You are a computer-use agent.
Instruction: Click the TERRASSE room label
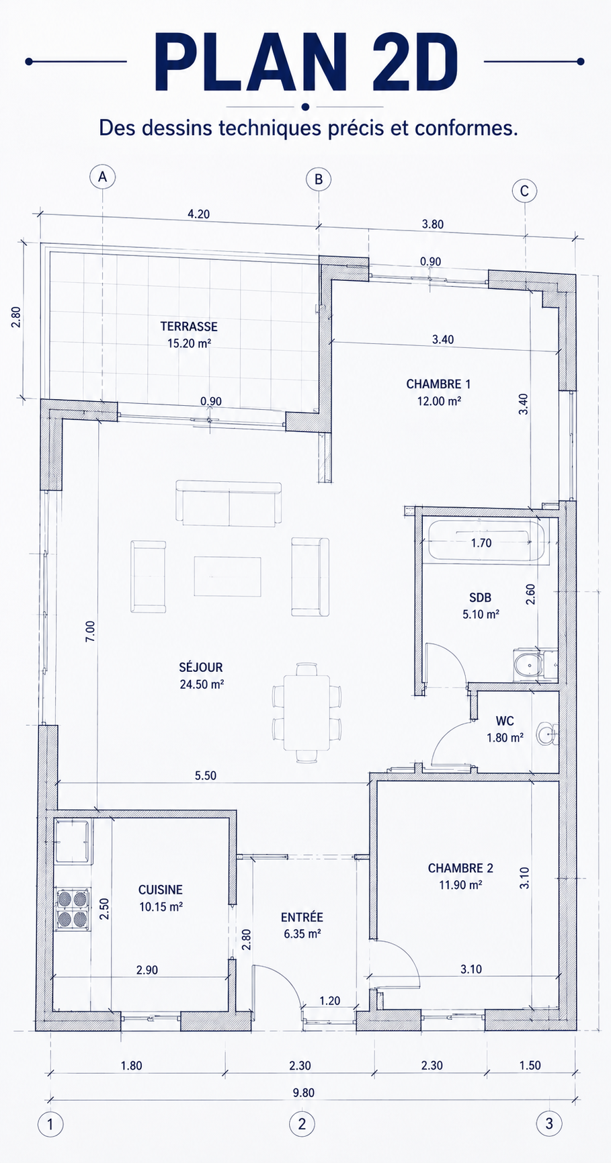point(189,327)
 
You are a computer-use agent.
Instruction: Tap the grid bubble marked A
point(102,177)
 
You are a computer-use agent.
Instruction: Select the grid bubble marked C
point(524,191)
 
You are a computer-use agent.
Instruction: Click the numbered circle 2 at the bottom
point(302,1123)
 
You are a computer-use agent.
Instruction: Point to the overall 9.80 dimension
point(303,1092)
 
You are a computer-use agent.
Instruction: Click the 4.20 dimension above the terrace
point(198,214)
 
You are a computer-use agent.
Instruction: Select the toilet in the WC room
point(547,734)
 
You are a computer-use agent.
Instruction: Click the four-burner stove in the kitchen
point(73,909)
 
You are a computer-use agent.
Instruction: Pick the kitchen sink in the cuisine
point(73,841)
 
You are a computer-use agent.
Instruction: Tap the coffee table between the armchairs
point(227,576)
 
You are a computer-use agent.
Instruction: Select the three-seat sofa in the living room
point(229,503)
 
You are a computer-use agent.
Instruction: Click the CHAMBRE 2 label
point(460,868)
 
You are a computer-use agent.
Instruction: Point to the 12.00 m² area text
point(439,401)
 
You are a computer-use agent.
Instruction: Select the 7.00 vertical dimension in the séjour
point(90,631)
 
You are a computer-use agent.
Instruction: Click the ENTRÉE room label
point(302,917)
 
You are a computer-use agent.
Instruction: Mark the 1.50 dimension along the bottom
point(530,1065)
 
